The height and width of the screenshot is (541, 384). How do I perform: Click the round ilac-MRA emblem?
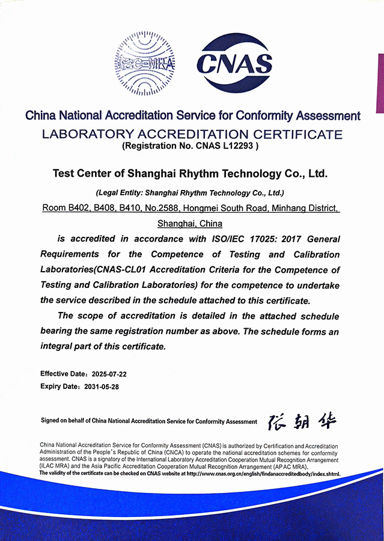coord(144,63)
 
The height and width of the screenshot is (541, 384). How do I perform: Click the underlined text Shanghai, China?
coord(190,224)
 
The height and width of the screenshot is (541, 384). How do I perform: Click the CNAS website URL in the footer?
coord(264,474)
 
